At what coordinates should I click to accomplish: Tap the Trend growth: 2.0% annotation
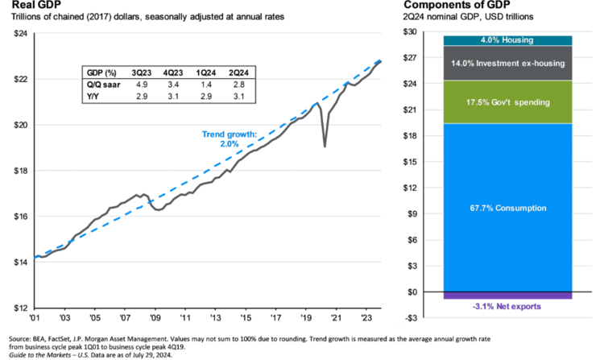click(229, 138)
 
